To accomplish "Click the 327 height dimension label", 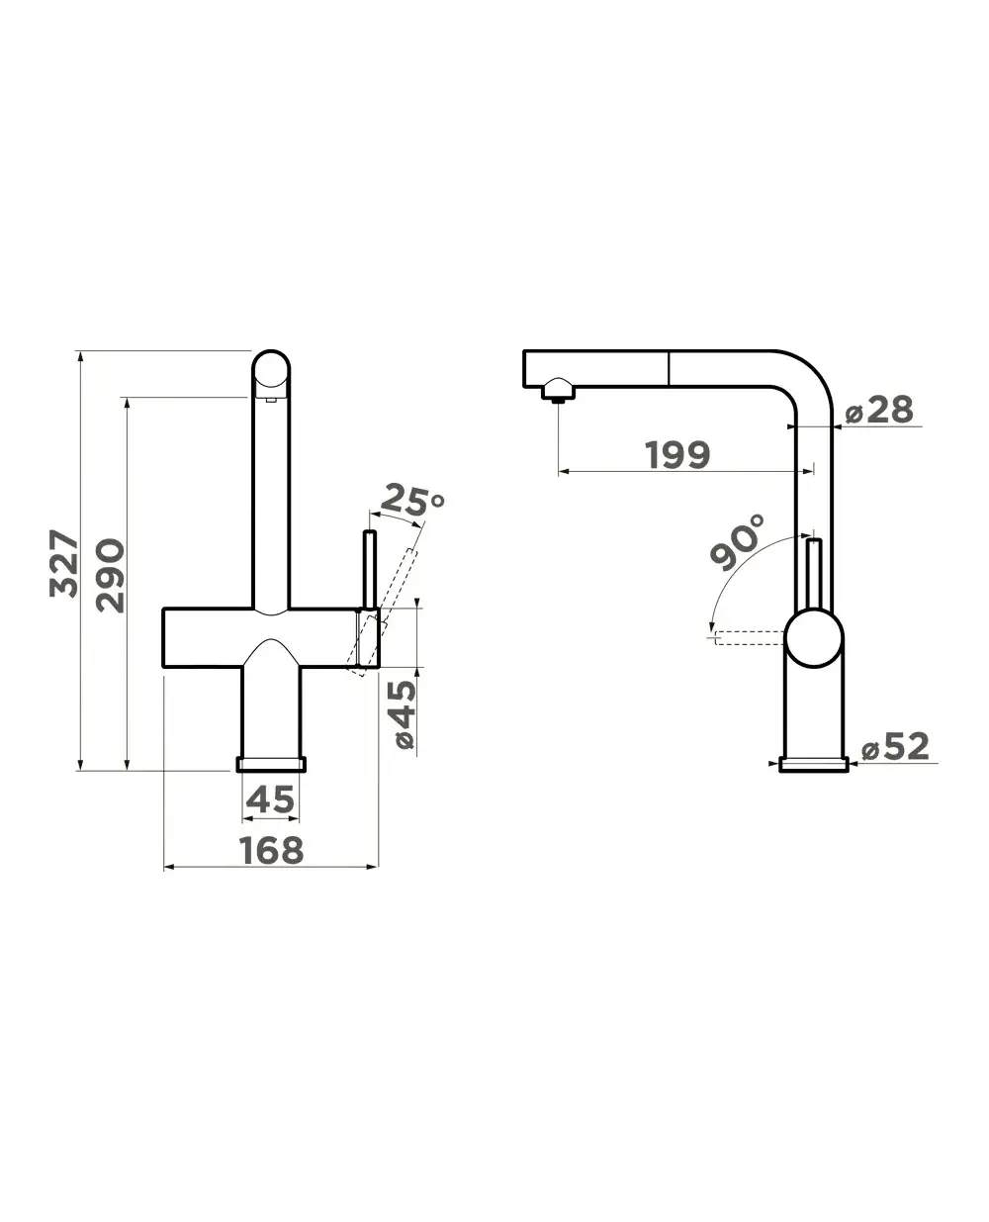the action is click(63, 563).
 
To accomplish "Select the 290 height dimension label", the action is click(110, 575).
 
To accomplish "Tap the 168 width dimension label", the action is click(271, 850).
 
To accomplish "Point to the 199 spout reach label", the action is click(677, 454).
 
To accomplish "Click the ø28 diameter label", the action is click(879, 411).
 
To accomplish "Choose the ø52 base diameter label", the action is click(895, 746).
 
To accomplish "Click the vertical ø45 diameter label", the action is click(405, 714).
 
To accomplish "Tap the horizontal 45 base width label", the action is click(270, 799).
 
